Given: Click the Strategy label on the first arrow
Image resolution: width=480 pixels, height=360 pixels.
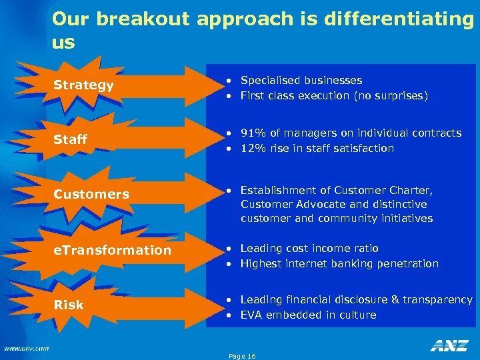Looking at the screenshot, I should coord(83,85).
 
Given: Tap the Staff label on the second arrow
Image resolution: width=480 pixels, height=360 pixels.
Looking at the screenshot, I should coord(71,139).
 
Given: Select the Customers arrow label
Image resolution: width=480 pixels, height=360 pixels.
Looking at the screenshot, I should coord(91,195).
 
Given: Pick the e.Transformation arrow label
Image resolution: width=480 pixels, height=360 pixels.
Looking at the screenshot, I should coord(112,250).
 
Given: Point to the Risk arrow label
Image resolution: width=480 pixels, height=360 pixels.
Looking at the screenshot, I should coord(69,305).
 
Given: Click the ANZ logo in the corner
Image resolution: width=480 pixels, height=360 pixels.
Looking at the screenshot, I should coord(449,345).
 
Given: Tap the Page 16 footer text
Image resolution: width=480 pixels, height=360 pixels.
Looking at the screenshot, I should coord(242,357).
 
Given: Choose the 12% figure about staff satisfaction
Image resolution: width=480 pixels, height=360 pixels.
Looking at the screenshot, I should coord(253,148).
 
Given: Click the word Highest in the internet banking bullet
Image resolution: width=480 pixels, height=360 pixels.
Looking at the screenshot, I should coord(261,263).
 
